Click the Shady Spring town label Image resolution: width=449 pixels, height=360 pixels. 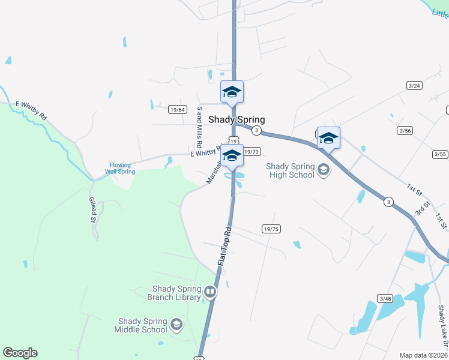pos(237,119)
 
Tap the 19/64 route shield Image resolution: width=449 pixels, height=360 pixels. pos(178,109)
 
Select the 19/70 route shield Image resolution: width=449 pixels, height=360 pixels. pos(252,152)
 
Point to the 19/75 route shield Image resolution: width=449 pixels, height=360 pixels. pos(271,229)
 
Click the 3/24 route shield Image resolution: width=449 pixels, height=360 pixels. pos(414,86)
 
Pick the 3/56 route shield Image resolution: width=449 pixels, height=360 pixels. pos(405,130)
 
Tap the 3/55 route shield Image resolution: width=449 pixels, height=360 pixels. pos(440,154)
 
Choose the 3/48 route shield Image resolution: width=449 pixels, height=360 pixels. pos(385,298)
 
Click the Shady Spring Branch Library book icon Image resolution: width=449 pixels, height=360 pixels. pos(210,292)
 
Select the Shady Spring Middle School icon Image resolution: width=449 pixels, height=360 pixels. pos(176,325)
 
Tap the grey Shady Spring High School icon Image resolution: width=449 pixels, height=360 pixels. pos(324,170)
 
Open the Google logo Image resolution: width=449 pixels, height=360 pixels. pos(20,353)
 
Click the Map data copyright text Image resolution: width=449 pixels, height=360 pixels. pos(424,355)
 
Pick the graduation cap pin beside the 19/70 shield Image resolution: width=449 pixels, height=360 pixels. pos(232,155)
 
